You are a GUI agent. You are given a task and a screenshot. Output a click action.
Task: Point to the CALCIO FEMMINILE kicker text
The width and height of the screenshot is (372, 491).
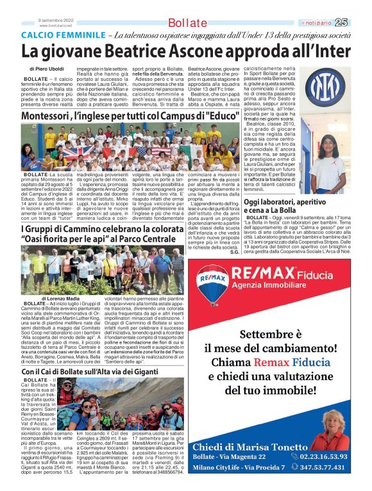click(63, 35)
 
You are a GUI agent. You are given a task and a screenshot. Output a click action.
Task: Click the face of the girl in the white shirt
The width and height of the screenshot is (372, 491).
click(329, 143)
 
